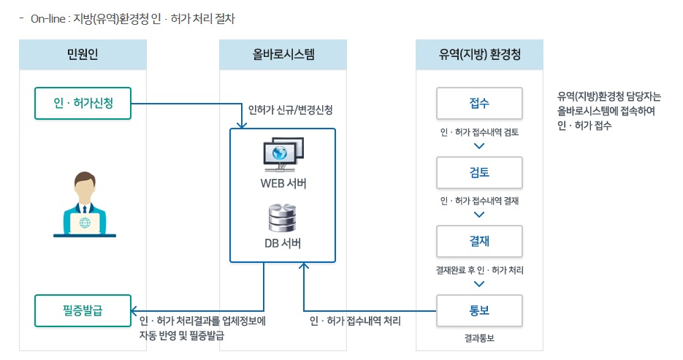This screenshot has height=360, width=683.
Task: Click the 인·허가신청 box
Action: [x=83, y=103]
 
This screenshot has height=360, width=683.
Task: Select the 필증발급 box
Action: [x=83, y=310]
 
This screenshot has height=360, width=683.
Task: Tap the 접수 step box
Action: [x=479, y=103]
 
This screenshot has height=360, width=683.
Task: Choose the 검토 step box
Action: [x=479, y=172]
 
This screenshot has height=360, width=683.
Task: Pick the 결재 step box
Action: [x=479, y=241]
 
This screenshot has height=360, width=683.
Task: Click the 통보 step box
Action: [x=479, y=310]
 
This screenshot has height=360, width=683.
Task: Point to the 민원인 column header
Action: [x=83, y=55]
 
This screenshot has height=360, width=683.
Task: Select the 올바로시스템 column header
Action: [x=283, y=55]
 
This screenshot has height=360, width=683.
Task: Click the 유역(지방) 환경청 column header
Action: [x=480, y=55]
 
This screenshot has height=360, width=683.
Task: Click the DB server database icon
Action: [x=283, y=218]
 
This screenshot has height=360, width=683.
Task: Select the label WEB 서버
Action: [x=283, y=183]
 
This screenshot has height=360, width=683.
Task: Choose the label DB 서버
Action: [x=283, y=243]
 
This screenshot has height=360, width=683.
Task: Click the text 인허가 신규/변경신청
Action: [x=290, y=110]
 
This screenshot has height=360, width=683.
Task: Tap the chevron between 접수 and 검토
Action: [x=479, y=145]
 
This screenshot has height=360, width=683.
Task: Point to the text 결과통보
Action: [x=479, y=339]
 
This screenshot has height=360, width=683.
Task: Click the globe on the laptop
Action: [x=85, y=223]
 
